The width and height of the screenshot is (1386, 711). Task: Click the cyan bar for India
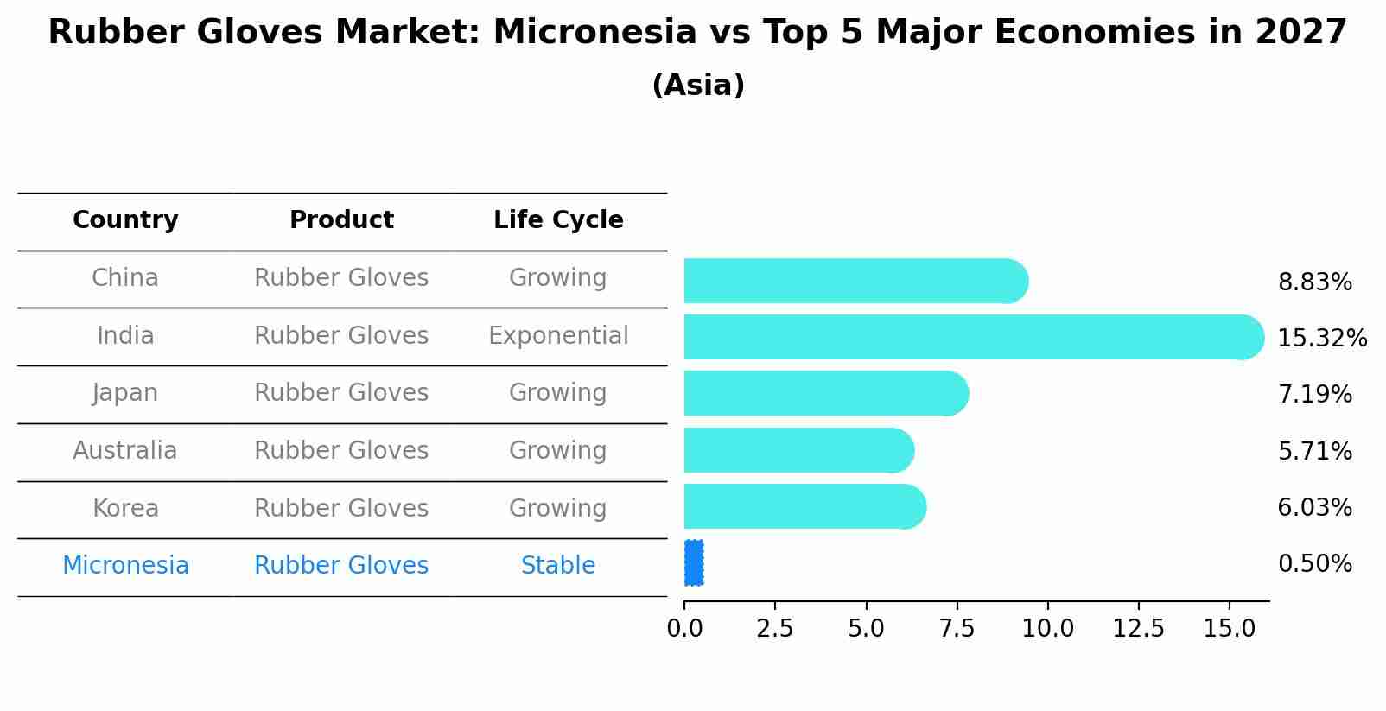pyautogui.click(x=974, y=337)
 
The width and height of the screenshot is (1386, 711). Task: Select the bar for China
pyautogui.click(x=856, y=281)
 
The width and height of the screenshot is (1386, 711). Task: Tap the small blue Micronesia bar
pyautogui.click(x=694, y=562)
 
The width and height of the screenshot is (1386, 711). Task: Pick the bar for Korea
pyautogui.click(x=805, y=506)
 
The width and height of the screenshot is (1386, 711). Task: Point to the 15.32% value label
pyautogui.click(x=1322, y=338)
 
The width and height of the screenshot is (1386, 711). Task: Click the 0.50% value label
pyautogui.click(x=1315, y=564)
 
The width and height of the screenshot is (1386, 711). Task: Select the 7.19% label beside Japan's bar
pyautogui.click(x=1315, y=394)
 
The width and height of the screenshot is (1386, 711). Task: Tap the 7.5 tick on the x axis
pyautogui.click(x=957, y=628)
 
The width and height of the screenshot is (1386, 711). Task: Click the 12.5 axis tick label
pyautogui.click(x=1139, y=628)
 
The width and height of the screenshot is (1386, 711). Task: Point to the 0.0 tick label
pyautogui.click(x=684, y=628)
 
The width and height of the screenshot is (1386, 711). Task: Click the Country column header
pyautogui.click(x=125, y=220)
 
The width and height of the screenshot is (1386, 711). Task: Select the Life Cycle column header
pyautogui.click(x=558, y=220)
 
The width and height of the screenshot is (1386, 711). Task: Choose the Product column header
pyautogui.click(x=341, y=219)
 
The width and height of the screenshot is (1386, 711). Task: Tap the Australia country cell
pyautogui.click(x=125, y=450)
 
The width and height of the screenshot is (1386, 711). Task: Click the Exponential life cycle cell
pyautogui.click(x=558, y=336)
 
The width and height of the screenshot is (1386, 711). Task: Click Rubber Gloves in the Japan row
pyautogui.click(x=341, y=393)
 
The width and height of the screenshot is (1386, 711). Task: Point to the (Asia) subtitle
pyautogui.click(x=698, y=85)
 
